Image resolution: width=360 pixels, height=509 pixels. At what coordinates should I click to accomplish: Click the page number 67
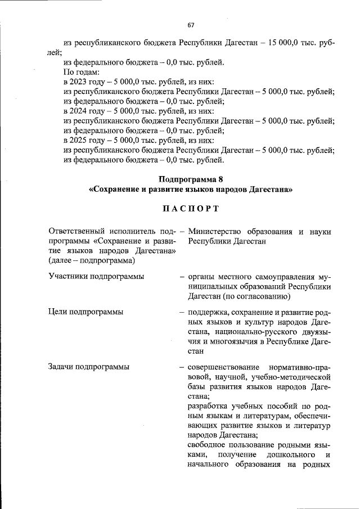point(191,25)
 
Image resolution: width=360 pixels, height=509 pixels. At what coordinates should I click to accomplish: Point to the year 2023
point(80,82)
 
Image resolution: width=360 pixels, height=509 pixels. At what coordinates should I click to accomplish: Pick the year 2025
point(80,140)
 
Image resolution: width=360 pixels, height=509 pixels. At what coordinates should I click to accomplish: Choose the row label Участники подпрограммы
point(96,276)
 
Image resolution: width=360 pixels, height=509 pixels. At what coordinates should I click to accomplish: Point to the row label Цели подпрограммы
point(87,312)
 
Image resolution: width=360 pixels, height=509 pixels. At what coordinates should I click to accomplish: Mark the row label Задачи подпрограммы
point(89,367)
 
